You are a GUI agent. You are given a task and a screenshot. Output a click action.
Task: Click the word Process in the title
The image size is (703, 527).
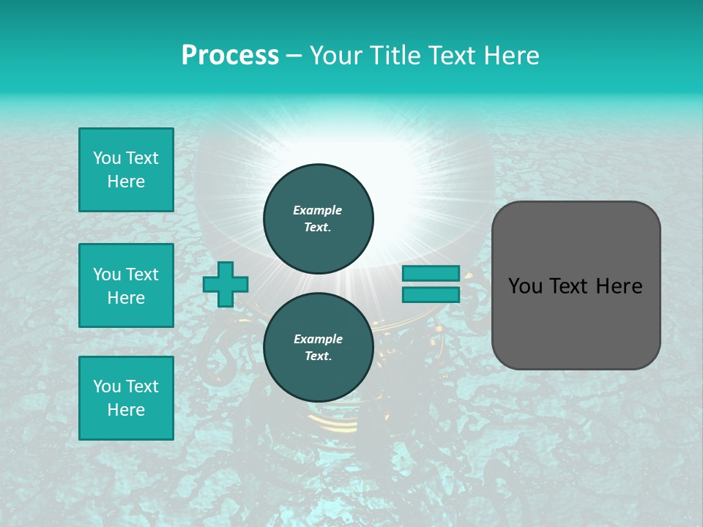230,56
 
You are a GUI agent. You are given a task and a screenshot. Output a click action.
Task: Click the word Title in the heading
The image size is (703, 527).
397,56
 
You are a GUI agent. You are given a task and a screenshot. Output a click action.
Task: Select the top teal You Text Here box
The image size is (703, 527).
126,170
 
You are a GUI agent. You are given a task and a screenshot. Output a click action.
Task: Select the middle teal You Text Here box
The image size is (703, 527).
126,285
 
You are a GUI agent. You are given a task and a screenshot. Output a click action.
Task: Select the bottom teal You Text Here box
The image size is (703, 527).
126,397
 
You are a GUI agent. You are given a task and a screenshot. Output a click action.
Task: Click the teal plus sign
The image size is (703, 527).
226,285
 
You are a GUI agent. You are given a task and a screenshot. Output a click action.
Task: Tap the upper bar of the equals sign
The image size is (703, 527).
431,273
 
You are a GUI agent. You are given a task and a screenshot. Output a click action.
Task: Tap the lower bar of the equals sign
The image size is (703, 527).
431,294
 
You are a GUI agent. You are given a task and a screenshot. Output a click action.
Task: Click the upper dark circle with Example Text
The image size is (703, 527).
319,218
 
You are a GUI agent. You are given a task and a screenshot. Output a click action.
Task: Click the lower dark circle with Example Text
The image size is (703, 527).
319,347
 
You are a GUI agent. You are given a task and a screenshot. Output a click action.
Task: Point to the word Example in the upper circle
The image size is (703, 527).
318,210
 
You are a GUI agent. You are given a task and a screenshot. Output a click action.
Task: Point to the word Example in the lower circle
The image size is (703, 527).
318,339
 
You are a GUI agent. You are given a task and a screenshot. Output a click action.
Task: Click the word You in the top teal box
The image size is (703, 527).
106,158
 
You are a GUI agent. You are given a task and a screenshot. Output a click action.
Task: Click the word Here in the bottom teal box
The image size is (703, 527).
126,410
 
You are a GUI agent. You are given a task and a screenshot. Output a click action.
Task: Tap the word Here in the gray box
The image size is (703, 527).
619,286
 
